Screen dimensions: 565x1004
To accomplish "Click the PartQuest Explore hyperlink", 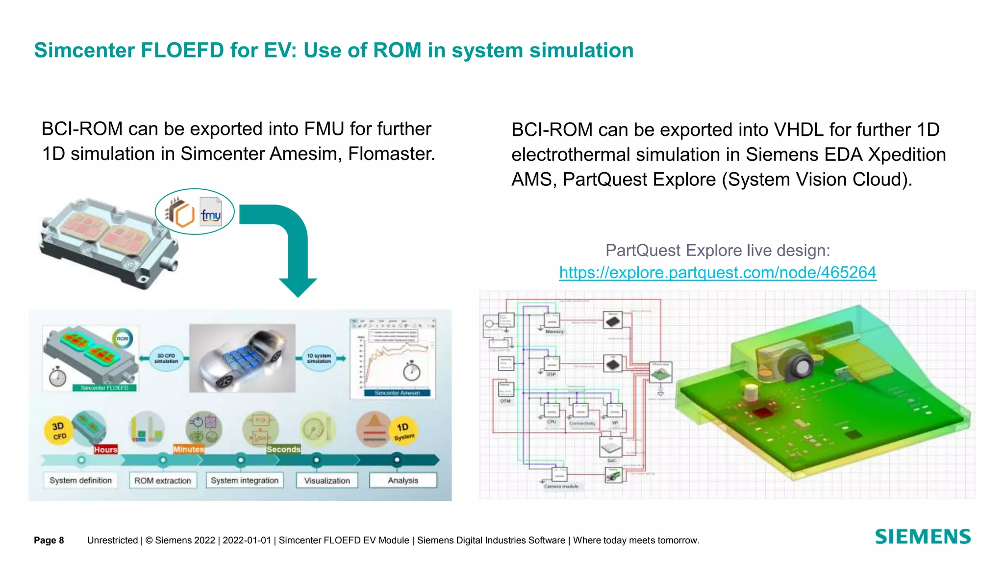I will [x=717, y=273].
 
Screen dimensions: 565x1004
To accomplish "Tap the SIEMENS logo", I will [x=923, y=537].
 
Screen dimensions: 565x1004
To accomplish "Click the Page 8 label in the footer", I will [x=49, y=540].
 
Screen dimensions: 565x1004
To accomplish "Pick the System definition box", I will [x=81, y=480].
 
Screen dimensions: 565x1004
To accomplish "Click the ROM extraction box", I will [x=163, y=480].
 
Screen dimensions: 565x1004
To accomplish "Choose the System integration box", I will [x=245, y=480].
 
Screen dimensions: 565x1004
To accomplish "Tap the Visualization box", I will [x=327, y=480].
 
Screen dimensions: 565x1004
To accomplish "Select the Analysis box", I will [x=403, y=480].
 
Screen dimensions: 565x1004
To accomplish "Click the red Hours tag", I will [x=105, y=449].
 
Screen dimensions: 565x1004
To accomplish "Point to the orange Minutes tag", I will [x=188, y=449].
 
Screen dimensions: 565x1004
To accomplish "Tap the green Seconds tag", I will [x=283, y=449].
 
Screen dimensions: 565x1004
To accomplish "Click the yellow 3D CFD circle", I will [x=58, y=431].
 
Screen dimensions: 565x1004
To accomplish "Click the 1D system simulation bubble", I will [x=319, y=359].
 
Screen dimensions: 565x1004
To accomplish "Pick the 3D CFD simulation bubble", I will [x=166, y=359].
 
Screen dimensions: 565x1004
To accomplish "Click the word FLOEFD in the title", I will [x=182, y=51].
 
